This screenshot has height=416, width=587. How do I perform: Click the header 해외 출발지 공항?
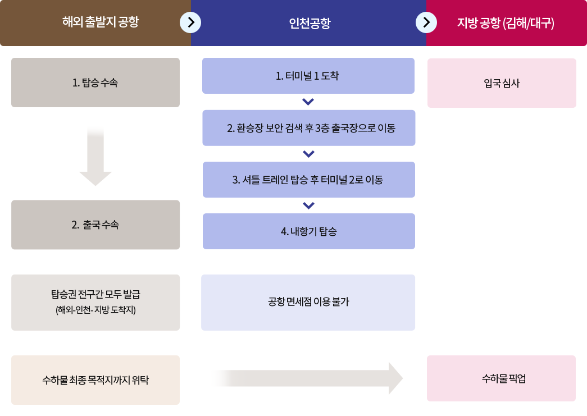tap(101, 22)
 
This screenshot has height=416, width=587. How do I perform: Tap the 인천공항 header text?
tap(310, 23)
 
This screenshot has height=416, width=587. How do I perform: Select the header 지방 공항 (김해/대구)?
tap(506, 23)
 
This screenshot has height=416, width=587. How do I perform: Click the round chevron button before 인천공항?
tap(190, 22)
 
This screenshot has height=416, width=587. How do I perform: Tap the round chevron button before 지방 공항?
tap(426, 22)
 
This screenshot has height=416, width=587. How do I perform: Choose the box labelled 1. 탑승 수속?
tap(95, 83)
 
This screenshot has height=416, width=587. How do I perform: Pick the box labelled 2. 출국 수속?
tap(95, 225)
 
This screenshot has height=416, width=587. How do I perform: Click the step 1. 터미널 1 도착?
tap(308, 76)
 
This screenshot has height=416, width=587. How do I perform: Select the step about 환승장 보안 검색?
tap(309, 128)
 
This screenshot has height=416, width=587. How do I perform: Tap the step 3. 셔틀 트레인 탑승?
tap(309, 180)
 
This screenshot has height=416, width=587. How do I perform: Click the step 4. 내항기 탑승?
tap(309, 231)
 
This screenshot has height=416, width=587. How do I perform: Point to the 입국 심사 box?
tap(502, 83)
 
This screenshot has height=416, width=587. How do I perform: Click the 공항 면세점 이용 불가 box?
tap(308, 302)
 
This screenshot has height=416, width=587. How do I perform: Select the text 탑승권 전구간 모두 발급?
tap(95, 294)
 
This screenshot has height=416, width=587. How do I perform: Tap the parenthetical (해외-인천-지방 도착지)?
tap(95, 310)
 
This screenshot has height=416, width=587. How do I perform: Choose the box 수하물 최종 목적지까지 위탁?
tap(95, 380)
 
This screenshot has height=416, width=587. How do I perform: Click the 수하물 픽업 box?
tap(501, 378)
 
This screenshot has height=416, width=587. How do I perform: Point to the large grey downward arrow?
tap(95, 156)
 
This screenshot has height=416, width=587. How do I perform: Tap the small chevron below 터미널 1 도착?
tap(308, 102)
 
